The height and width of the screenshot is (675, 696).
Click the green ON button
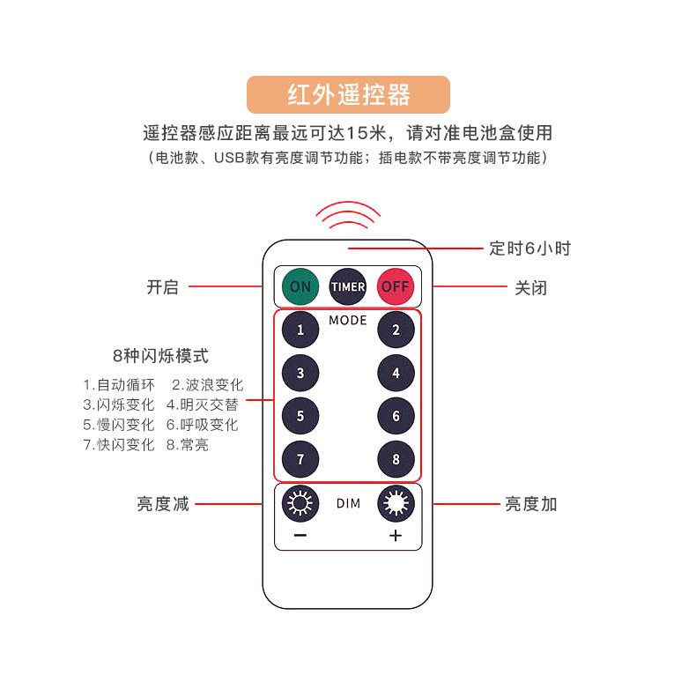pos(300,286)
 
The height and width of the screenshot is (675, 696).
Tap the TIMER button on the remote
pos(348,286)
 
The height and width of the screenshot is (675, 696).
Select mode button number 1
pos(300,330)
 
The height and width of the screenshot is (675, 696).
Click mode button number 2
pos(396,330)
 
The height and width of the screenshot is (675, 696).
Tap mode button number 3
pos(300,373)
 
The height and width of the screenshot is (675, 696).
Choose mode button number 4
pos(396,373)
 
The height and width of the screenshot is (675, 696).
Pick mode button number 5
pos(300,416)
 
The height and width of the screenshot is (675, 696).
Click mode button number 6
pos(396,416)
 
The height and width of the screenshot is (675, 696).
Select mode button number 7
pos(300,459)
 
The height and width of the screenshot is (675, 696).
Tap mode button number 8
pos(396,459)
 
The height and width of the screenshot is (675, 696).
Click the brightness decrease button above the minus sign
pos(300,504)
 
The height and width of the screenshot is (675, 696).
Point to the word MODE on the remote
pos(348,320)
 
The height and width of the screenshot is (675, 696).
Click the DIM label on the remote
pos(348,504)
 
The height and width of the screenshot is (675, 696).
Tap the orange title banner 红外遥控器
pos(348,94)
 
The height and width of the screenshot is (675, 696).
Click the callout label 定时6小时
pos(529,248)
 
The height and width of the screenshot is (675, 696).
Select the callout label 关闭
pos(530,287)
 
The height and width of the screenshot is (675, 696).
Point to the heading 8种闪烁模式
pos(161,357)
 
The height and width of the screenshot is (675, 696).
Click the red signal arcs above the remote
pos(348,215)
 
